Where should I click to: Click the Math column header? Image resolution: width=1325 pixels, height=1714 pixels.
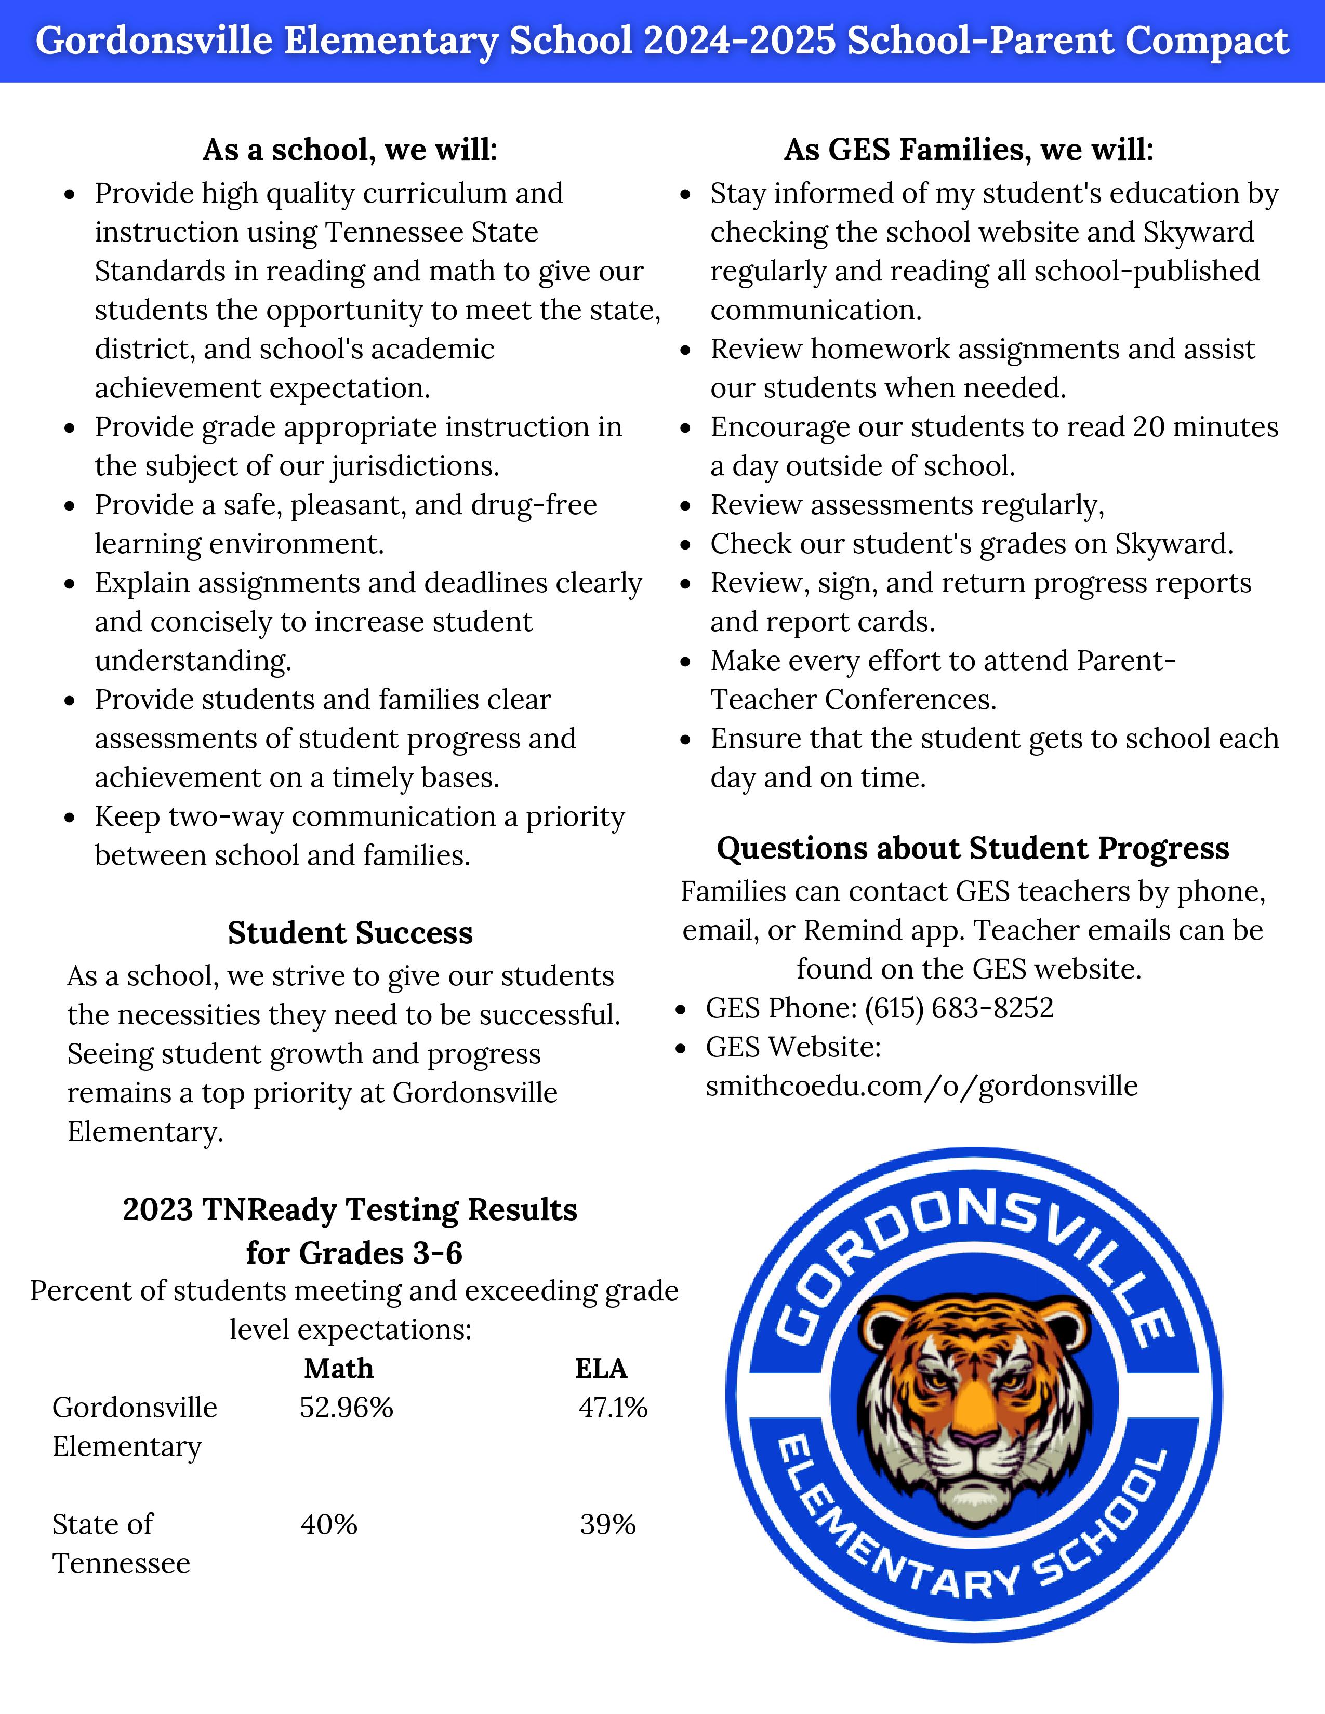(x=338, y=1369)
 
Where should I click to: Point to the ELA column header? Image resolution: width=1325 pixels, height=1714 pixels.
(x=601, y=1369)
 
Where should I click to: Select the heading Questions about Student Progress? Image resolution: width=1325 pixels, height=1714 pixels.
(x=973, y=848)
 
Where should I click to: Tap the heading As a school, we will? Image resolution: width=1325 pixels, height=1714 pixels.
(x=350, y=150)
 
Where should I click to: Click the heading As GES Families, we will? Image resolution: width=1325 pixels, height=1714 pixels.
(x=969, y=150)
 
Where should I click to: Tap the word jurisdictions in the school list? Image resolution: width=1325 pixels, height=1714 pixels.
(x=415, y=467)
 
